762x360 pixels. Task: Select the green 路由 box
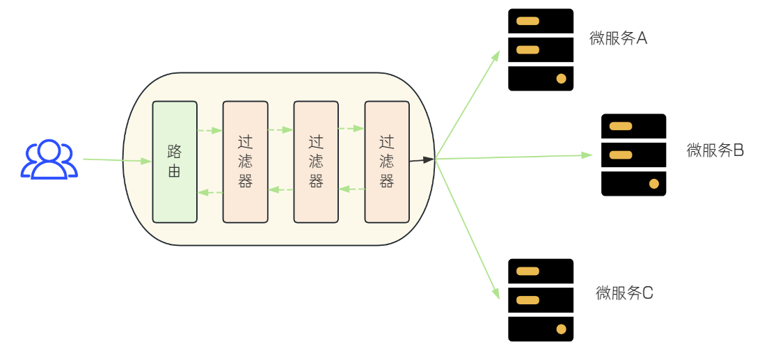[x=175, y=162]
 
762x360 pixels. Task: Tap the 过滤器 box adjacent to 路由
[x=245, y=162]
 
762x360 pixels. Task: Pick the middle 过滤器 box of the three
[x=316, y=162]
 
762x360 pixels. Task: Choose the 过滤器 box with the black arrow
[x=386, y=162]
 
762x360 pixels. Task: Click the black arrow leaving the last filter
[x=422, y=160]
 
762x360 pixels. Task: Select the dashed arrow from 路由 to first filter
[x=209, y=130]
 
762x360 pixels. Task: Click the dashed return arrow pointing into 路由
[x=209, y=192]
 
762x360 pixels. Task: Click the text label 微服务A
[x=618, y=38]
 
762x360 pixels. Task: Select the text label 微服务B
[x=715, y=150]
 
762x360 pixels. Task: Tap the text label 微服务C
[x=624, y=293]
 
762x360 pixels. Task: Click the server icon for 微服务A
[x=541, y=49]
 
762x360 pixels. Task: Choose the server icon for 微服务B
[x=633, y=155]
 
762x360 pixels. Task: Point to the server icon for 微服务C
[x=541, y=300]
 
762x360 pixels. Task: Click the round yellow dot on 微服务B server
[x=653, y=184]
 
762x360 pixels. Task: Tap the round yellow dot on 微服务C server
[x=561, y=329]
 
